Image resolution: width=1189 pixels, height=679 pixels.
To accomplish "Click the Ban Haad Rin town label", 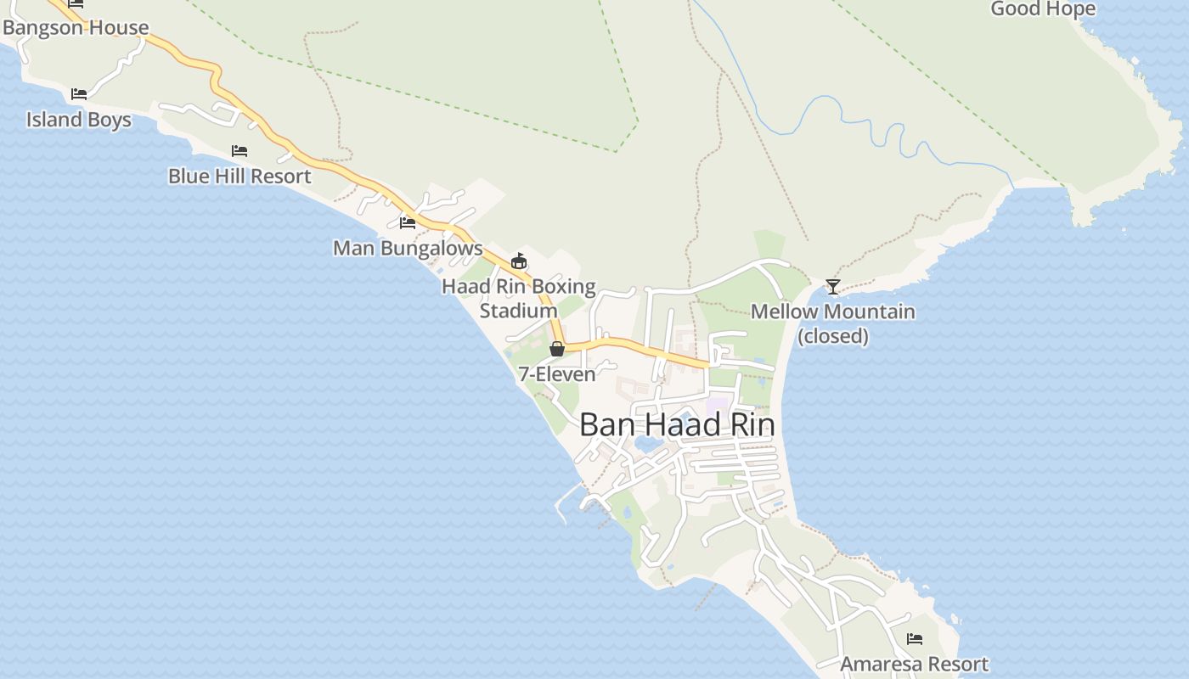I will [x=676, y=425].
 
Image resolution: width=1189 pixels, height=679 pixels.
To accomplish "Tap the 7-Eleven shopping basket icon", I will [x=557, y=349].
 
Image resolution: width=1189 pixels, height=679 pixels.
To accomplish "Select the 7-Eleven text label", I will [x=557, y=374].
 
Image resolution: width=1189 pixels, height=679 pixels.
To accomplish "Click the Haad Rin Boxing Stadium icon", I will [x=519, y=261].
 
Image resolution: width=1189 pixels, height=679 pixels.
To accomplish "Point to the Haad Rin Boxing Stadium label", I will [x=518, y=299].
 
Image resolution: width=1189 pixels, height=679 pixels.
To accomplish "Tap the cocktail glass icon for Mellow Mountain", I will [x=833, y=287].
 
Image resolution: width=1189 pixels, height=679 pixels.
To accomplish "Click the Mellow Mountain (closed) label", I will [x=833, y=323].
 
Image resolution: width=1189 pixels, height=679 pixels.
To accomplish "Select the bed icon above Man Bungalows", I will [x=408, y=223].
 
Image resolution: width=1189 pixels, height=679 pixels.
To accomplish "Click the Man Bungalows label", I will [x=408, y=249].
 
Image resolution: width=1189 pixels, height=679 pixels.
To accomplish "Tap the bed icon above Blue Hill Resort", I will [x=239, y=151].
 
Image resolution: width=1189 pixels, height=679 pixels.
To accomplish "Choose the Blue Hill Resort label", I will [x=239, y=177].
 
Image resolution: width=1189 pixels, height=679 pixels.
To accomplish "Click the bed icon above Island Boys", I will [x=79, y=93].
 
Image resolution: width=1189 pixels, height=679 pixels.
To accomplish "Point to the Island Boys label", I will [x=79, y=120].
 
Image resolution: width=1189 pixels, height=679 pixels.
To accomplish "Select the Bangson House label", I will [x=76, y=27].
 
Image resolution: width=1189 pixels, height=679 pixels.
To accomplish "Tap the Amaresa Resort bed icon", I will [x=915, y=638].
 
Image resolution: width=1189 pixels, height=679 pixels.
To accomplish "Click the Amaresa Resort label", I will [x=915, y=664].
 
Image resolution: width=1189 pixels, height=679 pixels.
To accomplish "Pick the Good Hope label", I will [x=1043, y=9].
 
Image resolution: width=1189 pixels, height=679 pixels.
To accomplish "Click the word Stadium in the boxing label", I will [x=518, y=311].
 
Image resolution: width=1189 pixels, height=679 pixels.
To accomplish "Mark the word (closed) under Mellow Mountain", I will [x=833, y=336].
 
